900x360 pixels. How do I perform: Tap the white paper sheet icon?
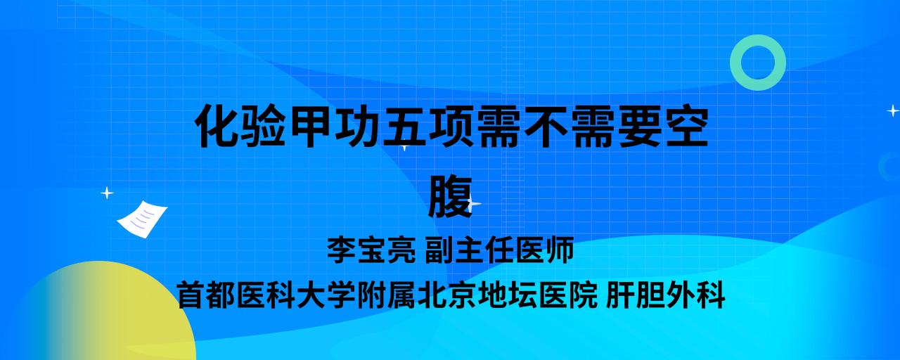pyautogui.click(x=142, y=219)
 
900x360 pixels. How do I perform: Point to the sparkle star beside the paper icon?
pyautogui.click(x=107, y=193)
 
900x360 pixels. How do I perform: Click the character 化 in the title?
pyautogui.click(x=217, y=126)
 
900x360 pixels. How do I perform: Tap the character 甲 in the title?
pyautogui.click(x=311, y=126)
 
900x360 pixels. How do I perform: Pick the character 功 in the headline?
pyautogui.click(x=357, y=126)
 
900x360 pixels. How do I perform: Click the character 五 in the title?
pyautogui.click(x=404, y=126)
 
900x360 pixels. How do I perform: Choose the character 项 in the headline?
pyautogui.click(x=451, y=126)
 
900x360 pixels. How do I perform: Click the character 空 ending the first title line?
pyautogui.click(x=684, y=126)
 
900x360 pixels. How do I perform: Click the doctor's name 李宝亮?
pyautogui.click(x=371, y=250)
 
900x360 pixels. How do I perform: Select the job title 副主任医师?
pyautogui.click(x=499, y=250)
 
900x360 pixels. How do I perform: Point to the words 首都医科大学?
pyautogui.click(x=266, y=295)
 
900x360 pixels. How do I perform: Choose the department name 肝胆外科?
pyautogui.click(x=665, y=295)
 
